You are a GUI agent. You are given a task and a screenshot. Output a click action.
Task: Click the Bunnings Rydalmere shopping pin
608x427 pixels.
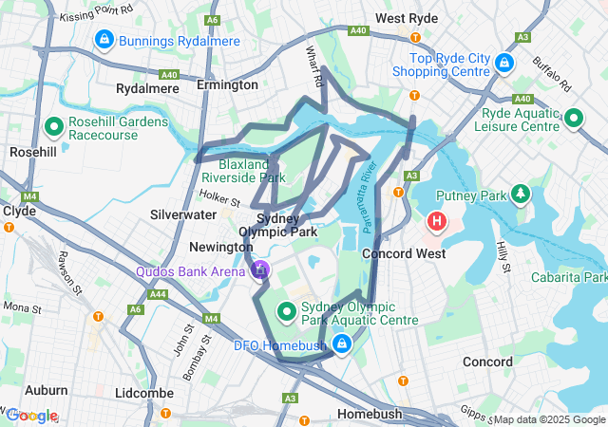tap(104, 40)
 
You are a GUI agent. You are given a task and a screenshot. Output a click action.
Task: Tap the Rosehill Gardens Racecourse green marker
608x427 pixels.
tap(54, 125)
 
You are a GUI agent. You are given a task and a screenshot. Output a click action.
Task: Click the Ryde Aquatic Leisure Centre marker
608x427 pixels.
tap(573, 119)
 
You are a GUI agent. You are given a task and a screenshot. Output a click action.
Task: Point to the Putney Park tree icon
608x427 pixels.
tap(520, 195)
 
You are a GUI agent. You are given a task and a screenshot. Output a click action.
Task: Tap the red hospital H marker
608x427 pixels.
tap(436, 222)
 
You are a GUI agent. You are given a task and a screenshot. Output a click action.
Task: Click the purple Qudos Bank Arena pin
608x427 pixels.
tap(260, 270)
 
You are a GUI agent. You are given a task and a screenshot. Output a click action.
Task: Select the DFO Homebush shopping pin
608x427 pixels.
tap(339, 343)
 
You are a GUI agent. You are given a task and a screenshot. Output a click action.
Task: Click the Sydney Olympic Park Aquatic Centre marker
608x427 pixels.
tap(284, 311)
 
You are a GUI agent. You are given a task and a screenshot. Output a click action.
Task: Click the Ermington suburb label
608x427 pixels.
tap(227, 84)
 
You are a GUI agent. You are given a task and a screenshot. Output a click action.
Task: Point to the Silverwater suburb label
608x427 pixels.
tap(183, 214)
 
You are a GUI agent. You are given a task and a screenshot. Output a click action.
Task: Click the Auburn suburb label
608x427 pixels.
tap(47, 390)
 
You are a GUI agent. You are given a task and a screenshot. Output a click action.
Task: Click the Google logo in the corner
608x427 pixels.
tap(31, 416)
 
